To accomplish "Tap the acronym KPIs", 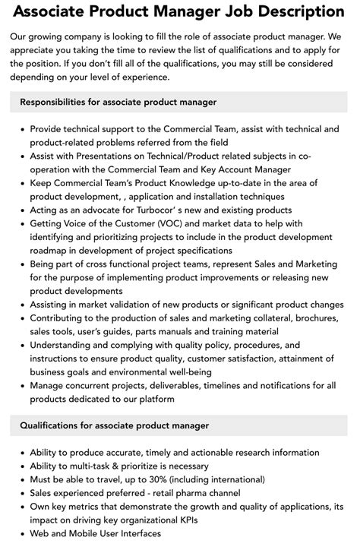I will [265, 520].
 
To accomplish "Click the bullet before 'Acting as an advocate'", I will [21, 210].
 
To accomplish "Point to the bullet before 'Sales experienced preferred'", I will [21, 494].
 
